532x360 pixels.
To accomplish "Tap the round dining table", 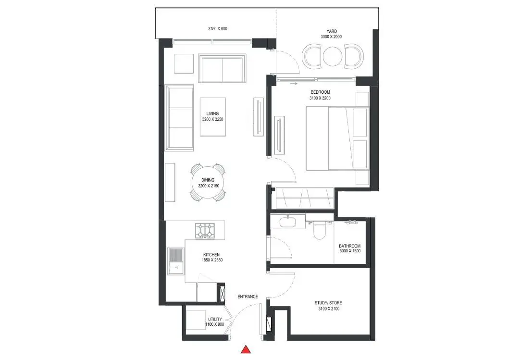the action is pos(208,183).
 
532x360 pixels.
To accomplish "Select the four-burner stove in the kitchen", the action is pos(205,231).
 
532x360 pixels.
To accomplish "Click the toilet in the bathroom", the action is pos(319,230).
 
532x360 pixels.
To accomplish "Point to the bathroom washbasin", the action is pos(288,222).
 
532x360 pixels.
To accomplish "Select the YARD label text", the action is pos(332,31).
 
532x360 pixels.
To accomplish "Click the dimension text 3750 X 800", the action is pos(218,29).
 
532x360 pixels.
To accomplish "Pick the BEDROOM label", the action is pos(320,92).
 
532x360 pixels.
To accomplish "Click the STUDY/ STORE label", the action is pos(328,303).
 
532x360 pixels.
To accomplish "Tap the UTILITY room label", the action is pos(215,319).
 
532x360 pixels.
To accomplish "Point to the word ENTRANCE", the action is pos(247,297).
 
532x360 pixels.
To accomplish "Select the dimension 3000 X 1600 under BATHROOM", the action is pos(350,251).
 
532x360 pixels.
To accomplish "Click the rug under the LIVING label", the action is pos(213,117).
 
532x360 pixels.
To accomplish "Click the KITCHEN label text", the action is pos(211,255).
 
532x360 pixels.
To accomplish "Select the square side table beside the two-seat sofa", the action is pos(184,63).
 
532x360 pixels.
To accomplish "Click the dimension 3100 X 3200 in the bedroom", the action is pos(320,98).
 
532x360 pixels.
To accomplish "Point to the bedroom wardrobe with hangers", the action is pos(305,198).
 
